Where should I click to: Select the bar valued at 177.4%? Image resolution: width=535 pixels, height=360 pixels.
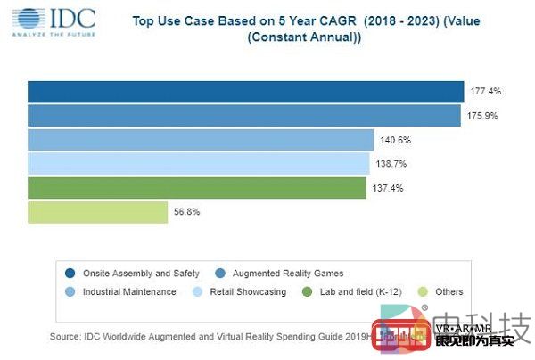coord(245,92)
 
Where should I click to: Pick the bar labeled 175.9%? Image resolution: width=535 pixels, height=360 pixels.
coord(243,116)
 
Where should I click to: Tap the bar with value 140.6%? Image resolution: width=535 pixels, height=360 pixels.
coord(201,140)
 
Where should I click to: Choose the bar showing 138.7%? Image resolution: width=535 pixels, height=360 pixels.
coord(198,164)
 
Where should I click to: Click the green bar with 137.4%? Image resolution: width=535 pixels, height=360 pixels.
coord(196,188)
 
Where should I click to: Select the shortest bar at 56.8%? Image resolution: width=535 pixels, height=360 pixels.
coord(97,212)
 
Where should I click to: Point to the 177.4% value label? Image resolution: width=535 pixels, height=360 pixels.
coord(484,92)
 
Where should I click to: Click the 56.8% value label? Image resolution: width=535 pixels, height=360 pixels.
coord(187,212)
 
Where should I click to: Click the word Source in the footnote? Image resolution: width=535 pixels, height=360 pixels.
coord(64,335)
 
